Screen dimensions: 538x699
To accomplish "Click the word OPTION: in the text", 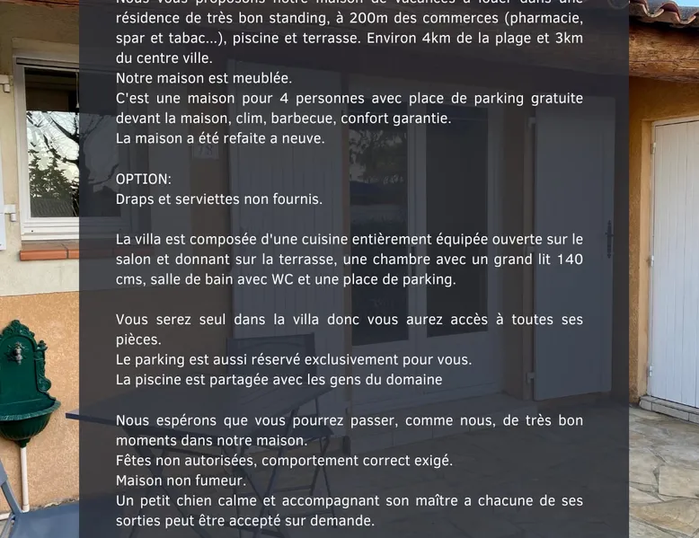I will coord(143,179).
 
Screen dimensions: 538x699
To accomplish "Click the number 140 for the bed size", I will coord(569,260).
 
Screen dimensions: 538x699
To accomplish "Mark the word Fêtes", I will coord(135,461).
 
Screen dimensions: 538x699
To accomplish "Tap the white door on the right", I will coord(674,260).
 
